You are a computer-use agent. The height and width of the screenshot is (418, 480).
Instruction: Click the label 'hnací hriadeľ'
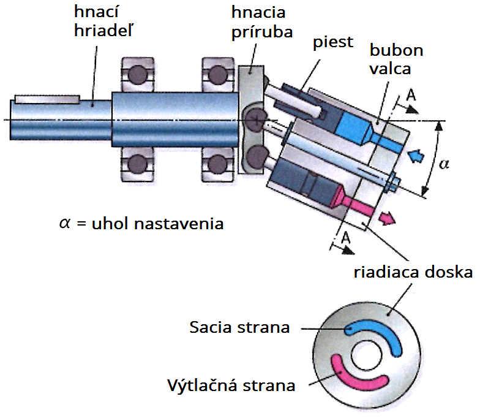pos(103,21)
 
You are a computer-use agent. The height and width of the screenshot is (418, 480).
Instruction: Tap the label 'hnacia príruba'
pos(262,22)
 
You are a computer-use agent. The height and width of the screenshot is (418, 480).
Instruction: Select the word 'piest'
pos(333,42)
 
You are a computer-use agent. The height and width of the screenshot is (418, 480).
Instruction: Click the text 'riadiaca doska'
pos(413,272)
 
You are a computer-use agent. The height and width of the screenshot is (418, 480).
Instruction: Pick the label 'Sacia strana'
pos(239,327)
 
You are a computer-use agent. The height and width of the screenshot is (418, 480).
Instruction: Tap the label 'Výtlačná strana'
pos(231,385)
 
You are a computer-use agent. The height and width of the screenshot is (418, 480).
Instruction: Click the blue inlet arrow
pos(416,156)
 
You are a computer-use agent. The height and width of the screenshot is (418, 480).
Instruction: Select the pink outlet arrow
pos(387,218)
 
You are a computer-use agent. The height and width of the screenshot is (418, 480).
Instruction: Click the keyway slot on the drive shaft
pos(47,99)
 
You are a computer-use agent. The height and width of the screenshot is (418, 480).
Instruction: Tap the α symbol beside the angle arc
pos(444,164)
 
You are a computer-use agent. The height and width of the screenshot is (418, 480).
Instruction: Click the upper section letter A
pos(411,96)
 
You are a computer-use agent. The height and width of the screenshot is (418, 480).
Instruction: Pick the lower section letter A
pos(345,238)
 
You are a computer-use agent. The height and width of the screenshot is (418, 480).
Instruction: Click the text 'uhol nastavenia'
pos(158,224)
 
